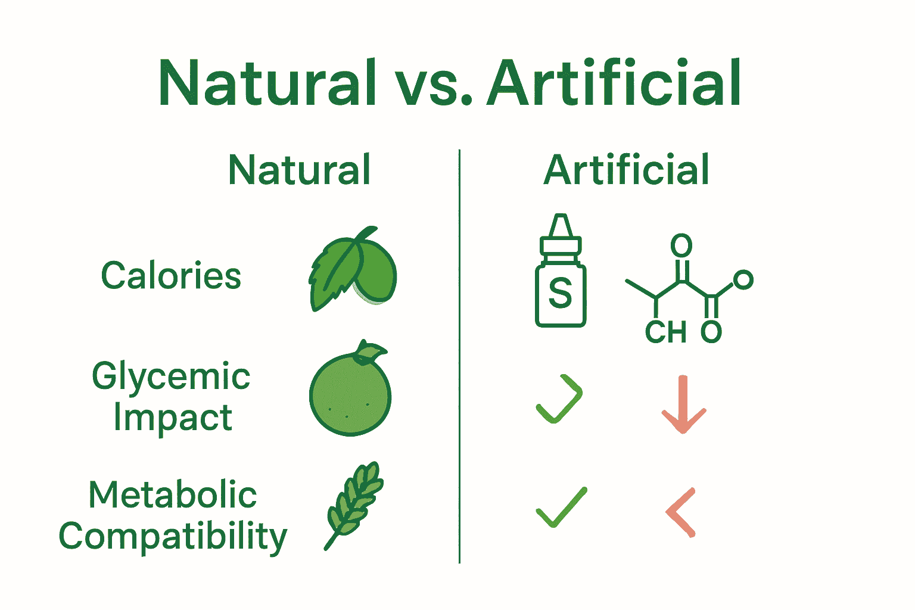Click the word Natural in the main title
click(267, 83)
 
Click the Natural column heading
click(300, 170)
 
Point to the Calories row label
click(171, 275)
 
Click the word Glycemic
click(171, 377)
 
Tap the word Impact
click(173, 418)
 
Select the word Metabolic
click(173, 495)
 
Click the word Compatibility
click(173, 537)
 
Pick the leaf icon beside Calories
click(353, 269)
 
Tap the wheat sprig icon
click(354, 506)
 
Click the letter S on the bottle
click(561, 292)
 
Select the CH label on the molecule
click(665, 332)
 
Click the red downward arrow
click(683, 404)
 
